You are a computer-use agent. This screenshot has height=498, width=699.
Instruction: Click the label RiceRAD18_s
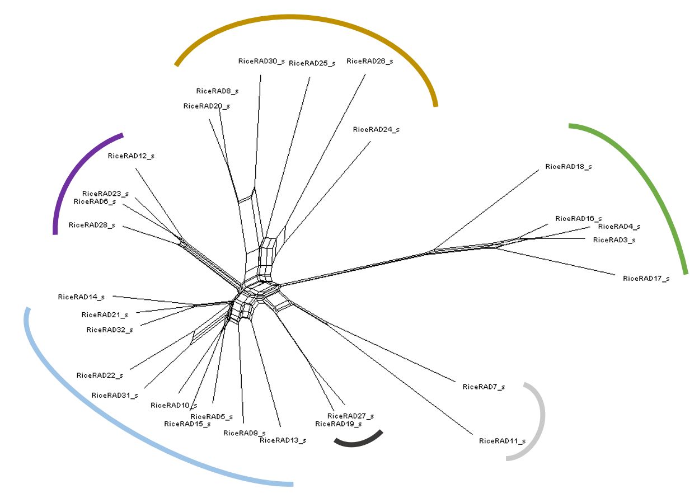pos(568,167)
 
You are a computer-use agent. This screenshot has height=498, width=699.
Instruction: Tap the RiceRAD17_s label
pos(646,278)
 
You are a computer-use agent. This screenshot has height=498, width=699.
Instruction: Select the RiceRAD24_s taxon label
pos(376,130)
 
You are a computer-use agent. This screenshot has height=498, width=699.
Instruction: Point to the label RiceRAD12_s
pos(130,156)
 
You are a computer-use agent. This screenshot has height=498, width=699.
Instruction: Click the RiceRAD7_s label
pos(484,387)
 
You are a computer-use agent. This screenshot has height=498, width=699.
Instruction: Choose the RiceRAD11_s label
pos(502,441)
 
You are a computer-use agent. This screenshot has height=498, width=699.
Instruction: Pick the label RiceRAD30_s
pos(261,61)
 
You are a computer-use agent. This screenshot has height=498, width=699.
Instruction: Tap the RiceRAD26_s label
pos(369,61)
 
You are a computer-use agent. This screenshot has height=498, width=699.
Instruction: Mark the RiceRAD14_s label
pos(81,297)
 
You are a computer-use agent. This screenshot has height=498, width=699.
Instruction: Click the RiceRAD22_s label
pos(100,375)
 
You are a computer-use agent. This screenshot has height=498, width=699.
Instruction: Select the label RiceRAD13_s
pos(283,440)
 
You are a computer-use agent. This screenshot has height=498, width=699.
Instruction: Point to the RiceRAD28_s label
pos(92,225)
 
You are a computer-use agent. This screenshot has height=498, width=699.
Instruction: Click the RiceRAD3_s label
pos(614,240)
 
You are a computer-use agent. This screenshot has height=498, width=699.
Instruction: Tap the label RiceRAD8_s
pos(217,91)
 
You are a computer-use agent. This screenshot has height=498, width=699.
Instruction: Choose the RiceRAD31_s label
pos(114,396)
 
